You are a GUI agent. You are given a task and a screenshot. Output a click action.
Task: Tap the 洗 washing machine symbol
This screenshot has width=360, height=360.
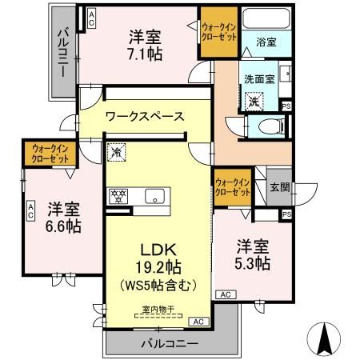[254, 102]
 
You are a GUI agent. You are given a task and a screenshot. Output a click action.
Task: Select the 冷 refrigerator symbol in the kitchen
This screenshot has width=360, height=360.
[116, 150]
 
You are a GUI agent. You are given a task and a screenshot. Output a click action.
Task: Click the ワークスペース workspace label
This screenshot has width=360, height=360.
[146, 116]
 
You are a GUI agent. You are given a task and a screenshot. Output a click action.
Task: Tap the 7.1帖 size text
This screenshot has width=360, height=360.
[146, 54]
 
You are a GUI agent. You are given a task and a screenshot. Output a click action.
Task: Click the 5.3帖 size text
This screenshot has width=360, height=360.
[252, 264]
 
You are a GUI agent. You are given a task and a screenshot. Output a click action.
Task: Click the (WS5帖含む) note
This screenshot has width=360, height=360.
[150, 285]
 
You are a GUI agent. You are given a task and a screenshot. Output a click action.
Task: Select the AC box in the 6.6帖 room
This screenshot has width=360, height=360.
[30, 210]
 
